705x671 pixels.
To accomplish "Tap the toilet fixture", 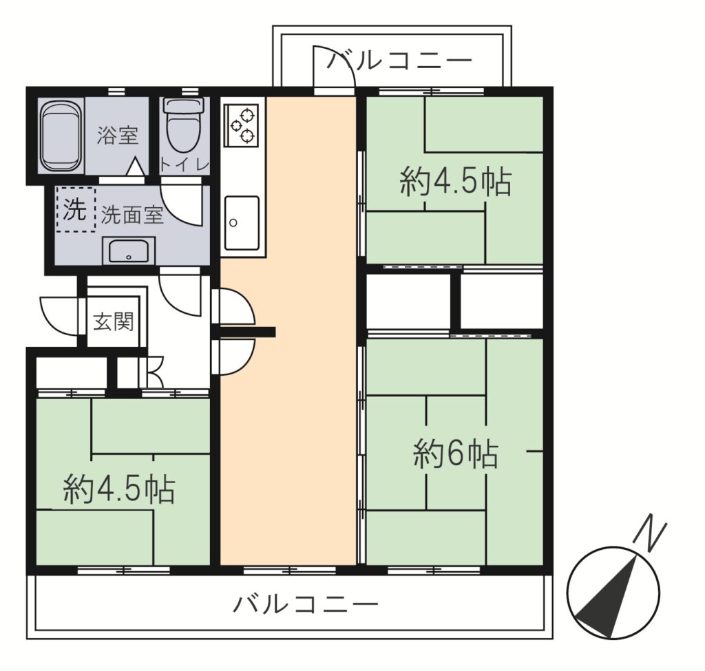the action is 184,125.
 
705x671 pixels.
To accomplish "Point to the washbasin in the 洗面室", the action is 129,251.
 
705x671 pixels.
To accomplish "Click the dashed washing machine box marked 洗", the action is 76,209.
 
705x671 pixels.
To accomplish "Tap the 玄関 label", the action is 114,322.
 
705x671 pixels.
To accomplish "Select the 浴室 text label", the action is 117,135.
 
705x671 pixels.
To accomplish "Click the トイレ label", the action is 185,165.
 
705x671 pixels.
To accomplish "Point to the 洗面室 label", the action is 132,215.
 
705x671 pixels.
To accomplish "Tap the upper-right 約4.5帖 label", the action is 456,181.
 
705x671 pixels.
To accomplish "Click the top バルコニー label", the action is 399,61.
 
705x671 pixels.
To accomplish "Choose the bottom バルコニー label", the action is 305,604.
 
